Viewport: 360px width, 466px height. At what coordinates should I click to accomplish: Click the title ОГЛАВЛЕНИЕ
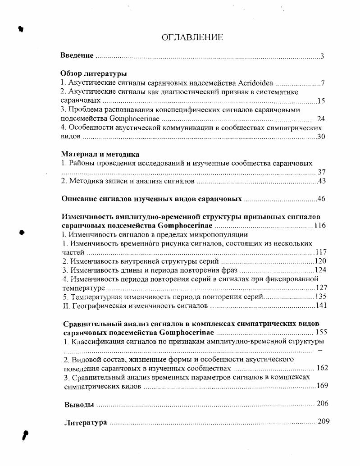coord(192,38)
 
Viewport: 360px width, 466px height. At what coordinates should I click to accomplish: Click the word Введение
coord(77,55)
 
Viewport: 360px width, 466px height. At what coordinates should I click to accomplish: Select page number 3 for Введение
coord(322,56)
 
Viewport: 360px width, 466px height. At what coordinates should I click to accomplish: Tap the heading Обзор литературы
coord(93,74)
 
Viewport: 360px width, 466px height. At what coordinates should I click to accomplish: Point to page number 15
coord(321,101)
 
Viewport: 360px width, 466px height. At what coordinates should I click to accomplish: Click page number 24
coord(321,119)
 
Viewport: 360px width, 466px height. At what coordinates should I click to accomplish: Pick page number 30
coord(321,137)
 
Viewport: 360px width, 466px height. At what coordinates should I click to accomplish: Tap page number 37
coord(322,172)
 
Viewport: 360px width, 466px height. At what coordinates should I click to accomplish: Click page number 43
coord(321,181)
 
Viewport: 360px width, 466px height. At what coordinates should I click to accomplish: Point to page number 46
coord(321,199)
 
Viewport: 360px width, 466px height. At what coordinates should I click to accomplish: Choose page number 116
coord(320,225)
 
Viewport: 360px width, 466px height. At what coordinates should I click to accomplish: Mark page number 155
coord(321,333)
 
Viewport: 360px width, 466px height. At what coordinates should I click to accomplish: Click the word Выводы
coord(79,404)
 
